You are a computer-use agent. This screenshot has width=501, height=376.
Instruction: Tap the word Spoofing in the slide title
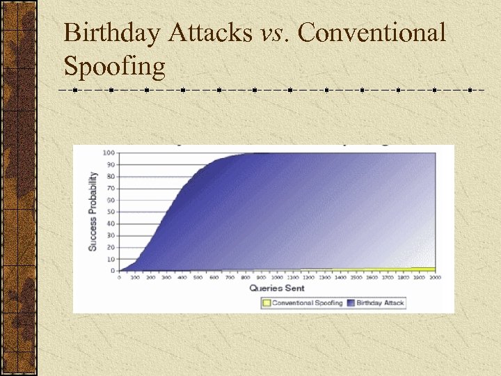(115, 66)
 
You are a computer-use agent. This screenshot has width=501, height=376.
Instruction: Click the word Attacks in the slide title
(208, 33)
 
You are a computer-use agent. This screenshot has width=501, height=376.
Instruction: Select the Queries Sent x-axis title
(276, 287)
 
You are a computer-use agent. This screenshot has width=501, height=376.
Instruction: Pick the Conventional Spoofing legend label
(308, 303)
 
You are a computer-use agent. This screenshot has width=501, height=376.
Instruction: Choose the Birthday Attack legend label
(380, 303)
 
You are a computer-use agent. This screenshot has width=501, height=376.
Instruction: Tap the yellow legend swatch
(267, 303)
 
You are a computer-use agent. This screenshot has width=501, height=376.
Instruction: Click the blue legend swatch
(351, 303)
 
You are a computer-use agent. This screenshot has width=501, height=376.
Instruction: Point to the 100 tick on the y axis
(109, 152)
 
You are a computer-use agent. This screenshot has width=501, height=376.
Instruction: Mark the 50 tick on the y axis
(111, 212)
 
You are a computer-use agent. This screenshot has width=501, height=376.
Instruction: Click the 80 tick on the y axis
(111, 176)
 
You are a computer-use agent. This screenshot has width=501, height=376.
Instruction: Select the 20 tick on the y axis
(111, 247)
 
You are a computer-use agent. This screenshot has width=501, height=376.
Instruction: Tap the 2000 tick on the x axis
(435, 277)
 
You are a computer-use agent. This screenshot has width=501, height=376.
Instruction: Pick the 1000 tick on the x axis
(277, 277)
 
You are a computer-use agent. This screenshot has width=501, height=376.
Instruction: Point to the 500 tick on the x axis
(198, 277)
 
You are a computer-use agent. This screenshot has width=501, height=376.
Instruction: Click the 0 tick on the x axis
(119, 277)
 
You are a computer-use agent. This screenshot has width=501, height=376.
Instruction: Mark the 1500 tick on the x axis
(356, 277)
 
